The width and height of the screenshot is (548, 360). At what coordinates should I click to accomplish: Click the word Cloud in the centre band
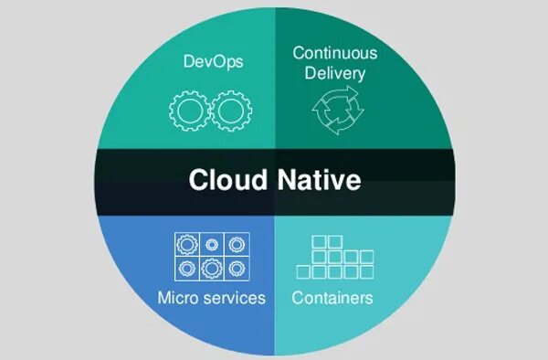pyautogui.click(x=225, y=179)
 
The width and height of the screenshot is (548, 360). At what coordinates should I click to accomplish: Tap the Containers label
pyautogui.click(x=332, y=298)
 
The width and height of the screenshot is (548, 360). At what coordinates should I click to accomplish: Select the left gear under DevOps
pyautogui.click(x=188, y=111)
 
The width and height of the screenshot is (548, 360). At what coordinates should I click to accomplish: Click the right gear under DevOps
pyautogui.click(x=228, y=111)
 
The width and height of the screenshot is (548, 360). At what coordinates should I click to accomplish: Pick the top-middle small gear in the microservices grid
pyautogui.click(x=212, y=245)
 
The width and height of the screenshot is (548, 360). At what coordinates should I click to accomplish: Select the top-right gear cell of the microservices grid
pyautogui.click(x=237, y=245)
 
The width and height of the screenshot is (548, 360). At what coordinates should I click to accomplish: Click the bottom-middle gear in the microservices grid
pyautogui.click(x=212, y=269)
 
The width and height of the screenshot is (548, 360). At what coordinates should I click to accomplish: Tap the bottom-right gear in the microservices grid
pyautogui.click(x=237, y=269)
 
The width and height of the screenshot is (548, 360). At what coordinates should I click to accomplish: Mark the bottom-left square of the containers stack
pyautogui.click(x=304, y=272)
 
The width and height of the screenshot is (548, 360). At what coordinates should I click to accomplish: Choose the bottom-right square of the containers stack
pyautogui.click(x=366, y=272)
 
